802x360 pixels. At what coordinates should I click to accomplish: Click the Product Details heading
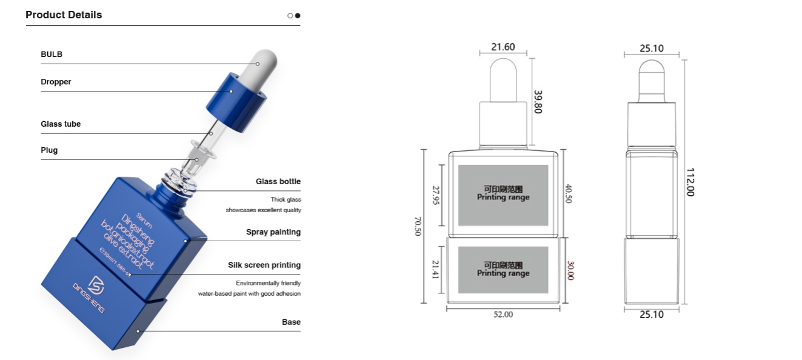coord(64,15)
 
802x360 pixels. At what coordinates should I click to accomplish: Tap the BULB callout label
coord(52,55)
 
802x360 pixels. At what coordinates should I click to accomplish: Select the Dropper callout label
coord(56,82)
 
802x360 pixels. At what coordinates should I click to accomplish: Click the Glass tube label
coord(61,124)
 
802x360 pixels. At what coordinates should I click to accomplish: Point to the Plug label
coord(49,150)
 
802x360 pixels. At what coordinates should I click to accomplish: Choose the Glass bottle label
coord(278,182)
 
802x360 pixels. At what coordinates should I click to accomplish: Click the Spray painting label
coord(273,232)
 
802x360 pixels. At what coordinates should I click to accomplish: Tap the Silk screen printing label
coord(264,265)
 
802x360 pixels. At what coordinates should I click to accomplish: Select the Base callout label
coord(291,322)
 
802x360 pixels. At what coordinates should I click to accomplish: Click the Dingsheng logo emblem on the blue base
coord(98,284)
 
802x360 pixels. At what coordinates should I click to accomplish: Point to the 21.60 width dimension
coord(503,47)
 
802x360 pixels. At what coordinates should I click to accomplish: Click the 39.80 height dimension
coord(538,101)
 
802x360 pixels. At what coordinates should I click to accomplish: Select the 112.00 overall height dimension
coord(690,182)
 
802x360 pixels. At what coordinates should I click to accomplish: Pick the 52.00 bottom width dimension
coord(503,315)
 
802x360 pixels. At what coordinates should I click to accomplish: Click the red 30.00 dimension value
coord(570,270)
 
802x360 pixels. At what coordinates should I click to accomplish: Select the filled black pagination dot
coord(298,15)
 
